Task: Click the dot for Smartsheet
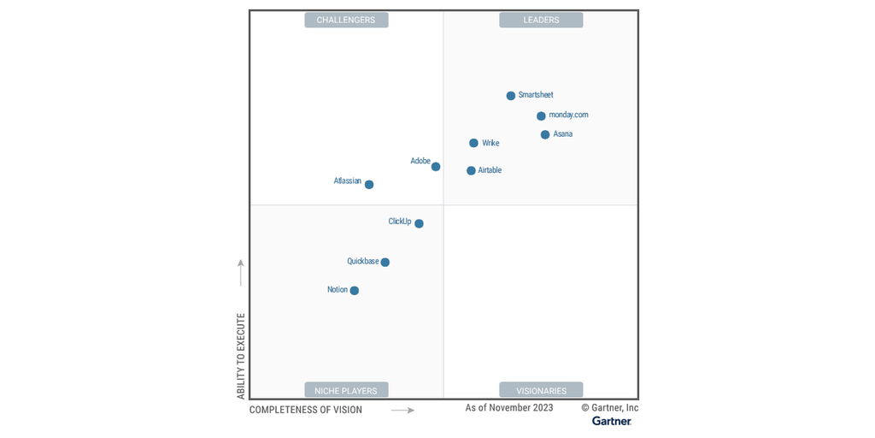[x=511, y=96]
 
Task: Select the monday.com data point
[x=541, y=116]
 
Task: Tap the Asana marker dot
[x=545, y=134]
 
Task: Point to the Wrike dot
[x=473, y=143]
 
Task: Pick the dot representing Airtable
[x=471, y=170]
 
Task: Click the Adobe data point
[x=436, y=167]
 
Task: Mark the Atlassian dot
[x=369, y=184]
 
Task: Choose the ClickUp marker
[x=419, y=223]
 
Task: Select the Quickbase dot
[x=385, y=262]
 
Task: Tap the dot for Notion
[x=355, y=290]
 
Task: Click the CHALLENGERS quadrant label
[x=346, y=20]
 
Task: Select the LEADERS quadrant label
[x=541, y=20]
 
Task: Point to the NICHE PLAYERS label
[x=346, y=390]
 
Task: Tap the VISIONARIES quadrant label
[x=541, y=390]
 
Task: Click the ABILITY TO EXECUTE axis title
[x=241, y=355]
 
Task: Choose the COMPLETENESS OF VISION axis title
[x=306, y=410]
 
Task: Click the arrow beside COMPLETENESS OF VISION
[x=402, y=410]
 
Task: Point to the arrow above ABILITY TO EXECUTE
[x=241, y=272]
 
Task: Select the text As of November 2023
[x=509, y=408]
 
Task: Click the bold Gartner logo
[x=612, y=421]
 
